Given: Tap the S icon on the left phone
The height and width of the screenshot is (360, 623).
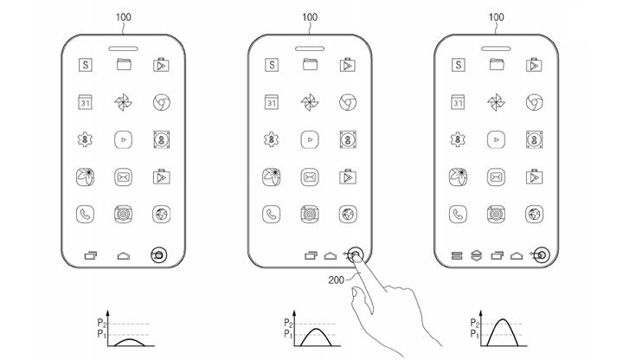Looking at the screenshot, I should (85, 65).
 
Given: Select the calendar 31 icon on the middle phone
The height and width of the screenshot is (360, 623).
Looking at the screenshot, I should (271, 102).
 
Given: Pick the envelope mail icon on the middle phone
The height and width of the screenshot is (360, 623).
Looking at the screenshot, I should (309, 177).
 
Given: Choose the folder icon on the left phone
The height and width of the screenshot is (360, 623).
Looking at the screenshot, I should (123, 64).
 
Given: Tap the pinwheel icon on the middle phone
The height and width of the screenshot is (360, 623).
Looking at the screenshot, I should (309, 102).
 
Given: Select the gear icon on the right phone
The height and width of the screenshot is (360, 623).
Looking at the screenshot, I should (456, 139).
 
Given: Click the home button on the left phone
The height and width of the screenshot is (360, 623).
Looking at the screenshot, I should (123, 255).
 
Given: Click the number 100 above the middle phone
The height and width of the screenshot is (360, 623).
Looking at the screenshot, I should (309, 16).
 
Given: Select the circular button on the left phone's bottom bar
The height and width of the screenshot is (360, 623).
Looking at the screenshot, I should (159, 255).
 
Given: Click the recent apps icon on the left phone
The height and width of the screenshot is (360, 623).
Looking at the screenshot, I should (90, 255).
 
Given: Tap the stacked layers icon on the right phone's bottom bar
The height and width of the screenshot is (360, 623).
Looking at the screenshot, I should (475, 255).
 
